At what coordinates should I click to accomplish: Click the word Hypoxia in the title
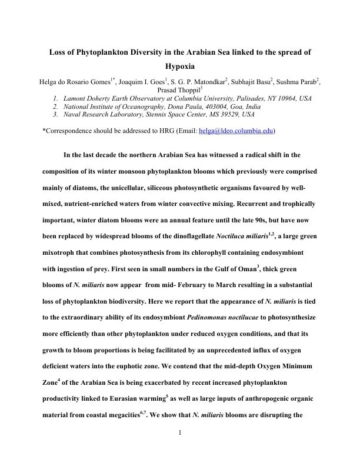point(179,67)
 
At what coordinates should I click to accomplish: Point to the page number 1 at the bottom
point(180,434)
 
